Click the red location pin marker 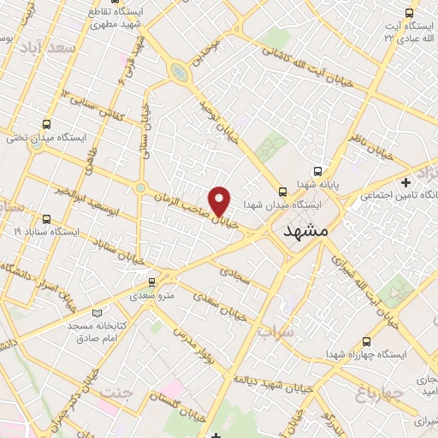point(220,200)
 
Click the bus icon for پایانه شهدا point(317,170)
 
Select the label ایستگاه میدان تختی point(43,137)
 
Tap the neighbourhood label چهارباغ point(371,394)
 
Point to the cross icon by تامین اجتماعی point(406,182)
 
